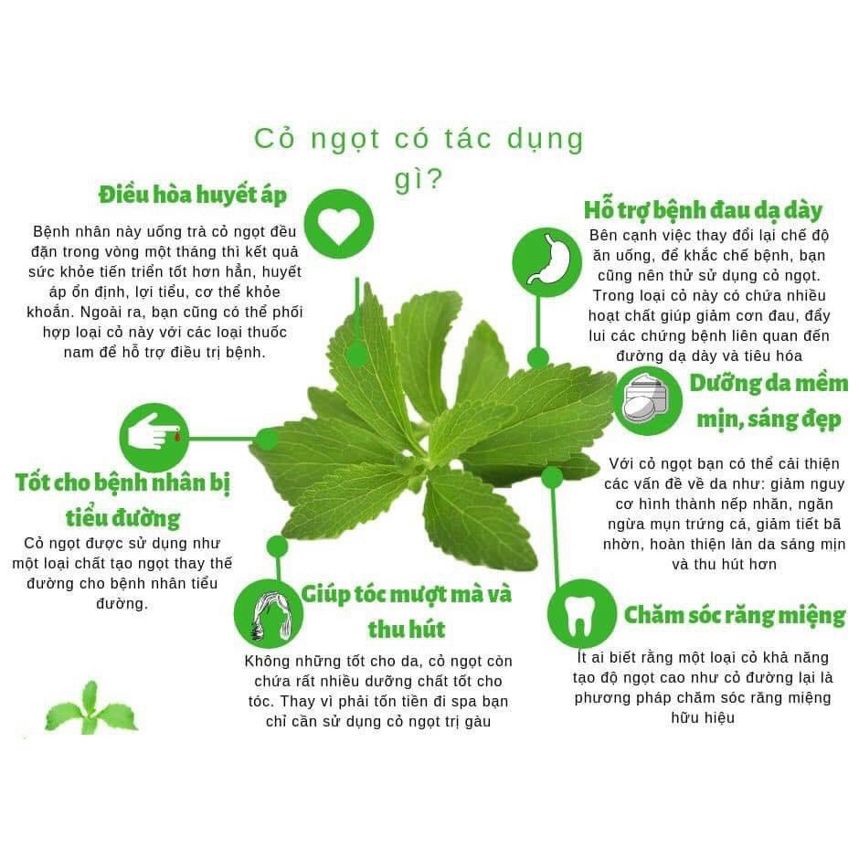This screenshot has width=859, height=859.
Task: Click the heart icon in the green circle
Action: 338,225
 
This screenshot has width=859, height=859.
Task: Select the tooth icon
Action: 581,614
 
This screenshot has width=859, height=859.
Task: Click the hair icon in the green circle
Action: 269,613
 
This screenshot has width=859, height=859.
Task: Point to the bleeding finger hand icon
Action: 154,437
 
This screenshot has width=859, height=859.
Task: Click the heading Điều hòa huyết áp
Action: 193,195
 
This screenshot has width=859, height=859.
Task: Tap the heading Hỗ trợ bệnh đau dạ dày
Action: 703,209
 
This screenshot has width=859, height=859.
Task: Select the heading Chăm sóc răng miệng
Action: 734,615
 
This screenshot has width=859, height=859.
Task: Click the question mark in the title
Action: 434,180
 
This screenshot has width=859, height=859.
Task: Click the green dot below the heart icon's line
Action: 357,355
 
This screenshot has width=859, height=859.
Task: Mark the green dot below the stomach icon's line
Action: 538,357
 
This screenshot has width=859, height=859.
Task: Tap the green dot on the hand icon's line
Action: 266,439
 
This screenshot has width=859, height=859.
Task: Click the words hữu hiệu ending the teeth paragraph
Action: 703,718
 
